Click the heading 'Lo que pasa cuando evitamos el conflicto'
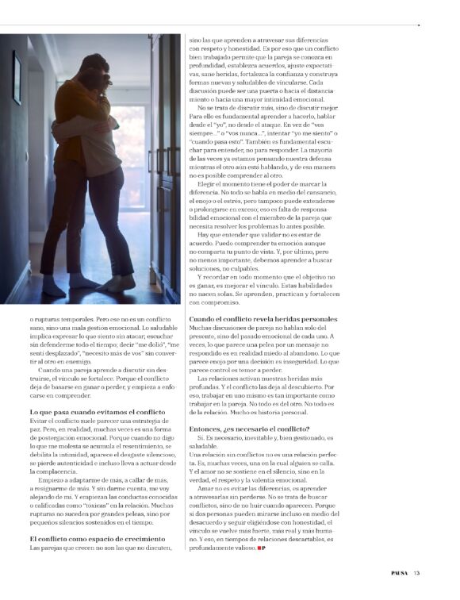(97, 413)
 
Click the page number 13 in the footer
(416, 575)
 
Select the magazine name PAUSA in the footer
(399, 575)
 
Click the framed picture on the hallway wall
(17, 78)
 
